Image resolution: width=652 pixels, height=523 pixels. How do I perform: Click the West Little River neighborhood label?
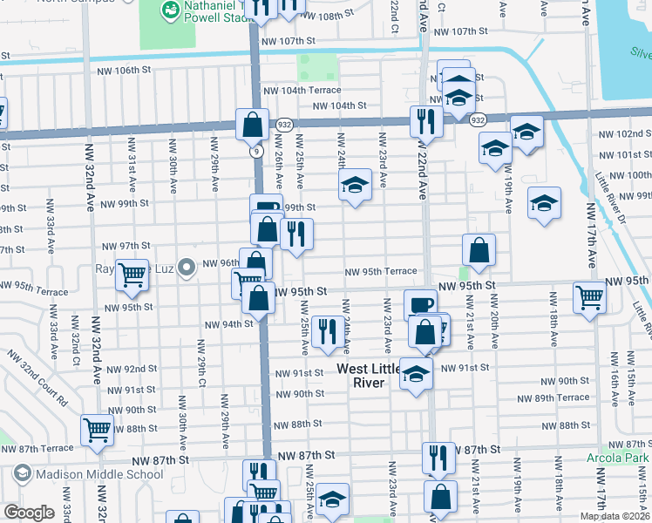pos(370,377)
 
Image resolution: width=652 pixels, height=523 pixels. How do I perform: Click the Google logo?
pos(29,513)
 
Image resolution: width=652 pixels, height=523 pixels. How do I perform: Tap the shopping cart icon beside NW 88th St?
pos(97,429)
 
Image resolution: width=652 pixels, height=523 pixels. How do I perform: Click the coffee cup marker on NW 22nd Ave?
pos(420,304)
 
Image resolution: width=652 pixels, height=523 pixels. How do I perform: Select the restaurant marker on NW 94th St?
pos(328,331)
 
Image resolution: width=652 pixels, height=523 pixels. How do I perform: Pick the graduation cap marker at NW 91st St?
pos(417,373)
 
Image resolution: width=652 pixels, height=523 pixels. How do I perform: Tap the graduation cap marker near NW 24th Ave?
pos(355,185)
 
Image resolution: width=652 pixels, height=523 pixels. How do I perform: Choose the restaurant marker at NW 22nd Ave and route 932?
pos(426,121)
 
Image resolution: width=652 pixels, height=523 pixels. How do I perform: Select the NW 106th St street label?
pos(125,71)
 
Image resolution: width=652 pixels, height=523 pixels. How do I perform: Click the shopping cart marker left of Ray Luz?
pos(132,274)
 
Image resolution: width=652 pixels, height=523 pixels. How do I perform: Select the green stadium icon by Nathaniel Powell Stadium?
pos(169,10)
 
